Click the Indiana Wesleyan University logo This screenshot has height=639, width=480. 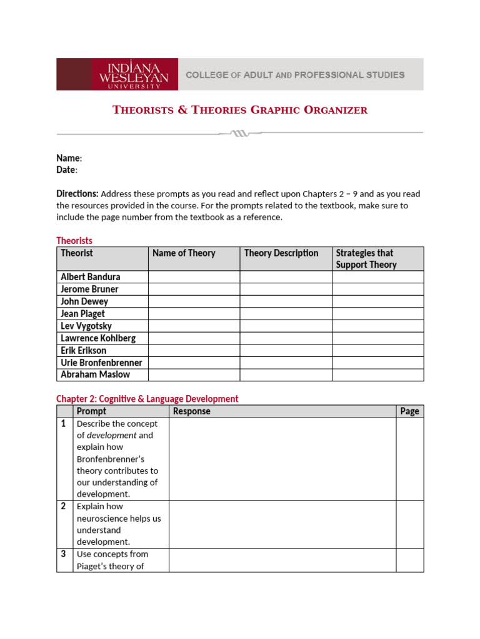[x=135, y=74]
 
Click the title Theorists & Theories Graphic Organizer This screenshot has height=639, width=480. [x=240, y=110]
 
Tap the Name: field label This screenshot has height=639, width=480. [x=69, y=159]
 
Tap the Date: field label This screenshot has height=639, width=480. [x=66, y=170]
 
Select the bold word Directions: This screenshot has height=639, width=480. [x=77, y=193]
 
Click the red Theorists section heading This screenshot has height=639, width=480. [x=74, y=241]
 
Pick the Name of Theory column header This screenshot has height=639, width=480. [x=184, y=253]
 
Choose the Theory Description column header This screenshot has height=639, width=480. [x=281, y=253]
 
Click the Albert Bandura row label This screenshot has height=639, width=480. [x=91, y=277]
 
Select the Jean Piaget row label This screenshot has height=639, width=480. [x=82, y=314]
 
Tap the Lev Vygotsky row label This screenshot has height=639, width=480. [x=86, y=326]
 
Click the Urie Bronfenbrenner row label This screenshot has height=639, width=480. [x=101, y=363]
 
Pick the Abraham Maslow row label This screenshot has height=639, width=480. [x=95, y=375]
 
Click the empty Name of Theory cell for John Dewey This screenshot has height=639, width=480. [x=194, y=301]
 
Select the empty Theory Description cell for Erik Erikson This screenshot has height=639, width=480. [x=286, y=351]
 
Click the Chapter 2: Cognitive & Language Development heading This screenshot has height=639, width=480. [x=147, y=399]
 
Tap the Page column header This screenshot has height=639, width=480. [x=409, y=411]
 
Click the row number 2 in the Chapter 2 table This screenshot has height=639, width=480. [x=64, y=506]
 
